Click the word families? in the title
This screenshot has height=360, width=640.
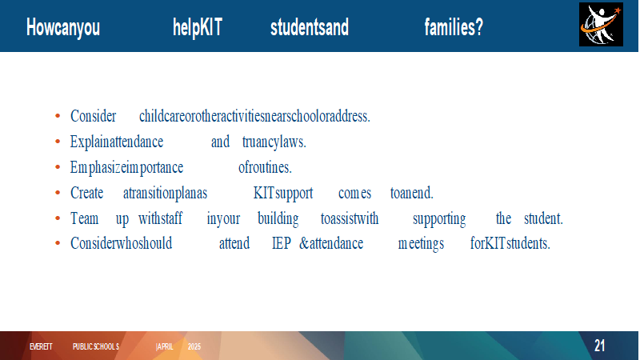pos(454,27)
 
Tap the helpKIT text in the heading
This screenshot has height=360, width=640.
pos(198,28)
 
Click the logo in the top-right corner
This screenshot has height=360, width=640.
pos(601,25)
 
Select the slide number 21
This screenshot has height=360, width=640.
pos(599,346)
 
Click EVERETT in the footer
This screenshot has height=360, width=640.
pos(41,346)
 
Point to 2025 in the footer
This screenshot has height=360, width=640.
pos(194,346)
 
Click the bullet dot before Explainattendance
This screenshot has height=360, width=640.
pos(58,142)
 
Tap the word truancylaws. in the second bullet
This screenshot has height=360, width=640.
pos(274,142)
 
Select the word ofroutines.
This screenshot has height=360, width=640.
pos(265,167)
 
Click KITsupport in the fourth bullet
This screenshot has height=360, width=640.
pos(283,193)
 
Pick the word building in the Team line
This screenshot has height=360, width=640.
pos(278,218)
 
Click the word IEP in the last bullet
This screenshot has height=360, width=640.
pos(282,243)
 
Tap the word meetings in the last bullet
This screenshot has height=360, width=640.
pos(421,244)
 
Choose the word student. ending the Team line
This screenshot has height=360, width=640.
pos(543,218)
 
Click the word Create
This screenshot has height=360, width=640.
pos(86,193)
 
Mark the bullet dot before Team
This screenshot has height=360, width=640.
pos(58,218)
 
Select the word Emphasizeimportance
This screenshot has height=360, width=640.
pos(126,168)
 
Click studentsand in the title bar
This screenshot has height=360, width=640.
pos(310,27)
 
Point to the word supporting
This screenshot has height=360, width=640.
pos(439,219)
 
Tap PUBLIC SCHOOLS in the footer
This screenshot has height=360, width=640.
pos(96,346)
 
